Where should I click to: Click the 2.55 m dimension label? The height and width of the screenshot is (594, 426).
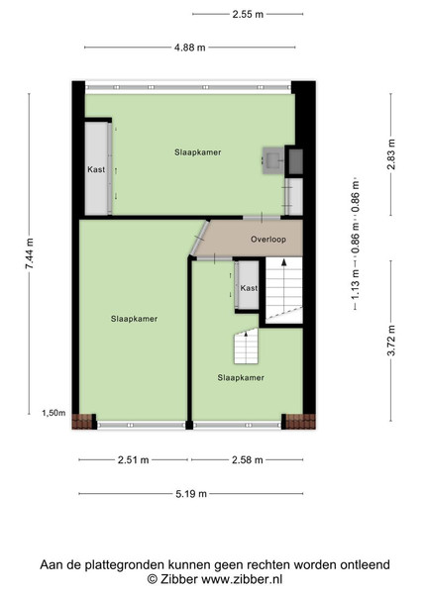tap(248, 15)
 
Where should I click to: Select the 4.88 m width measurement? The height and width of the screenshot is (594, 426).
tap(189, 48)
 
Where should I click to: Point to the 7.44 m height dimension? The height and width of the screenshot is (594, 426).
tap(30, 253)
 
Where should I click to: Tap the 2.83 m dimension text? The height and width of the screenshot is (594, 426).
tap(391, 154)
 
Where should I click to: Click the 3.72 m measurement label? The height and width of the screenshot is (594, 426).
tap(391, 341)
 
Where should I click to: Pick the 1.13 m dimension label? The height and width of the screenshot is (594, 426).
tap(355, 285)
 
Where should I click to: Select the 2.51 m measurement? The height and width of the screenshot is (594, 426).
tap(133, 460)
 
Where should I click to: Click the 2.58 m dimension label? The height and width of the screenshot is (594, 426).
tap(247, 460)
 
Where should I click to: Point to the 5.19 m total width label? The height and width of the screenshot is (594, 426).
tap(191, 494)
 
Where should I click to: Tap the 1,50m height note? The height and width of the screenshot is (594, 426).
tap(53, 413)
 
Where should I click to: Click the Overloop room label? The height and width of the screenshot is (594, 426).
tap(268, 240)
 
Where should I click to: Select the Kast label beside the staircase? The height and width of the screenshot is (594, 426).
tap(249, 288)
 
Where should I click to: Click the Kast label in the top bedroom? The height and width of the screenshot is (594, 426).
tap(96, 169)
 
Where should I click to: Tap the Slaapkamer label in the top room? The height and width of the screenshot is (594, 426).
tap(198, 152)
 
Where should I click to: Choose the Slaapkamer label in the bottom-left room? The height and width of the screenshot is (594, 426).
tap(134, 319)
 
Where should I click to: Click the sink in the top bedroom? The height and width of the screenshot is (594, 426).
tap(272, 159)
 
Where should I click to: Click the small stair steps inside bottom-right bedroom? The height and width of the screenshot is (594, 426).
tap(246, 346)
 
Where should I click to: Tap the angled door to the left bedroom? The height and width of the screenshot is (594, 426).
tap(199, 238)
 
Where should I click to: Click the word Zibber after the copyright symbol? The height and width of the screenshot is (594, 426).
tap(178, 579)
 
